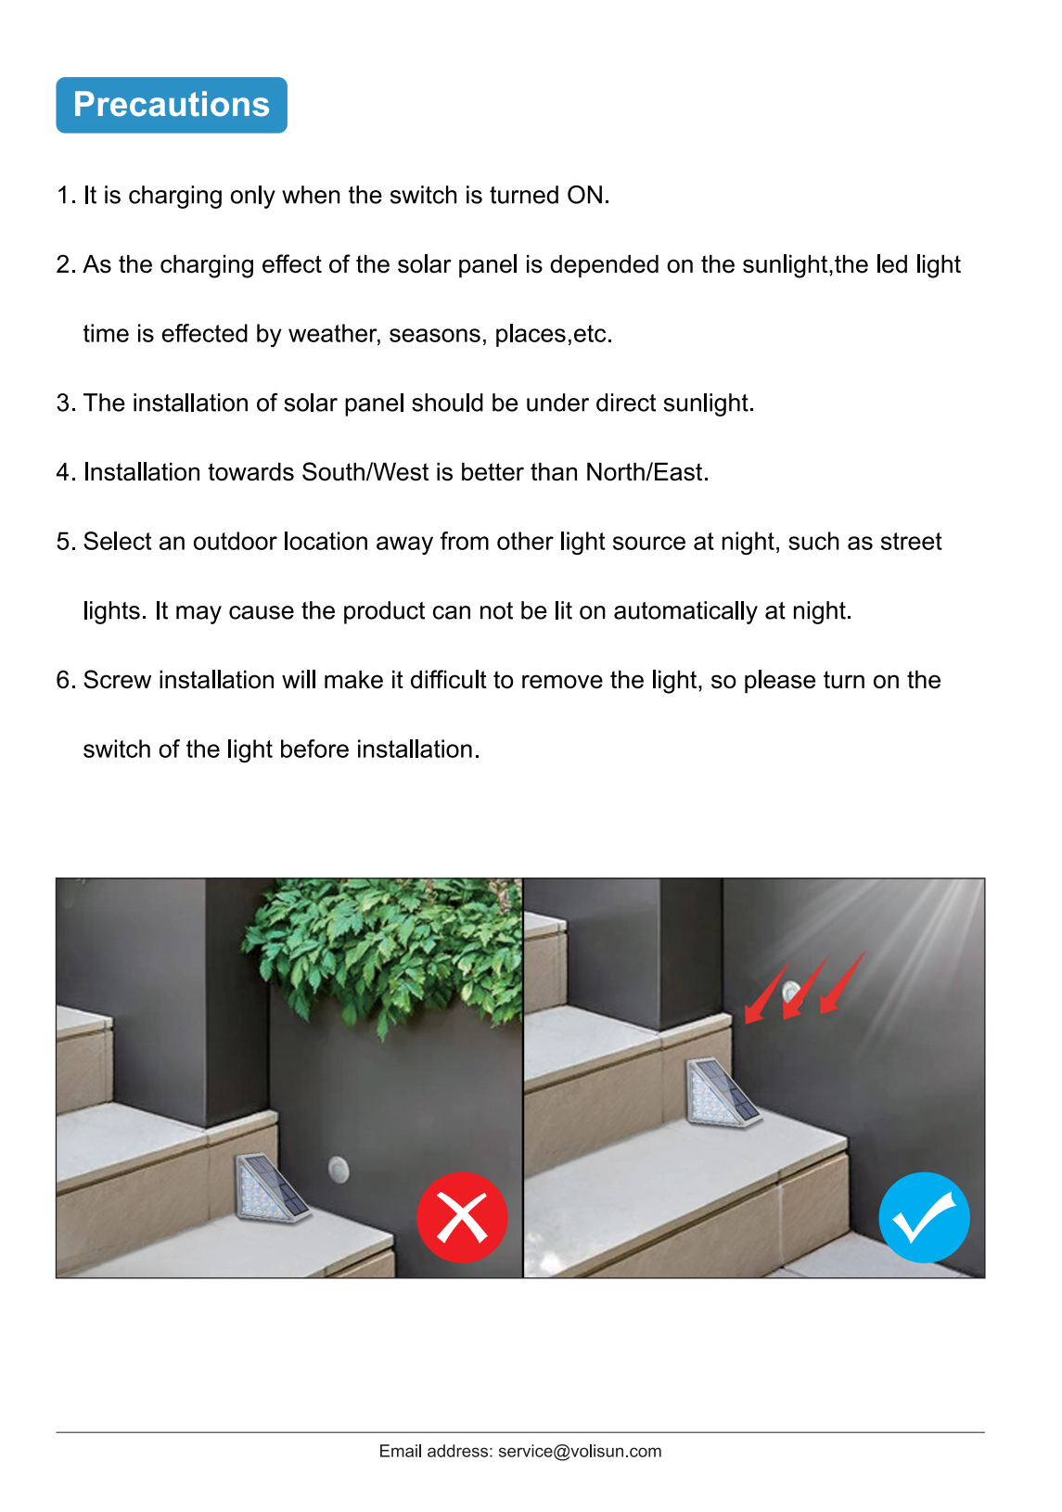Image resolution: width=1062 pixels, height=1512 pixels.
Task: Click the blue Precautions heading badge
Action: point(172,105)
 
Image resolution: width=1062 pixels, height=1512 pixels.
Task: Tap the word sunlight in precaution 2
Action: point(786,265)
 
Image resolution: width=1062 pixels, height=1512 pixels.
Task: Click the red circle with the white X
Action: point(462,1217)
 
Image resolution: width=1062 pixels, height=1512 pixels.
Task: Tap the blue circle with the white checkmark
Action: point(925,1217)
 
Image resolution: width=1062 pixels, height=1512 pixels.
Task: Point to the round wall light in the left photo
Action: point(339,1169)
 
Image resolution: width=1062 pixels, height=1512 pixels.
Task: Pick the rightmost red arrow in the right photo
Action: point(842,982)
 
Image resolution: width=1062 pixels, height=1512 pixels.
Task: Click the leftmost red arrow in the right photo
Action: point(767,993)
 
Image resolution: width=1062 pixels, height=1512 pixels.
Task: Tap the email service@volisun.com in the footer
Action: point(580,1451)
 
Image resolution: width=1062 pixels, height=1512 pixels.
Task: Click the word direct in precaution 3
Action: point(625,403)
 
